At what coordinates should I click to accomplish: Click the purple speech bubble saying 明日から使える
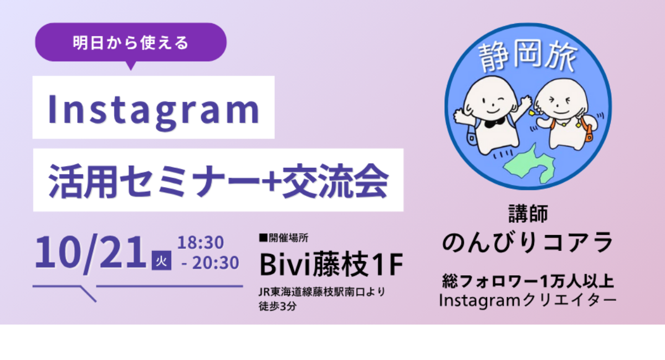pos(131,43)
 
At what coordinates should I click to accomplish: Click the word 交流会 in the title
pos(335,181)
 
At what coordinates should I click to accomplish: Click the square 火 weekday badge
pos(161,260)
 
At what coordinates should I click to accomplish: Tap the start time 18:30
pos(201,243)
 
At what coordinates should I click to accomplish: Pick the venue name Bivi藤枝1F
pos(331,264)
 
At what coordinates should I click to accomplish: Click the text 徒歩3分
pos(277,306)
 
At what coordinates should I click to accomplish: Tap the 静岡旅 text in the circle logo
pos(528,56)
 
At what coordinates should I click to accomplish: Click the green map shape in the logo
pos(530,164)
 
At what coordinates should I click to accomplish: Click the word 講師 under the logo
pos(528,214)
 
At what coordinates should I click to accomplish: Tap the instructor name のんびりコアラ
pos(528,243)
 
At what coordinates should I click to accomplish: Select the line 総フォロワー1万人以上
pos(528,281)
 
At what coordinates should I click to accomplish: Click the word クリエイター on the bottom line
pos(569,300)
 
